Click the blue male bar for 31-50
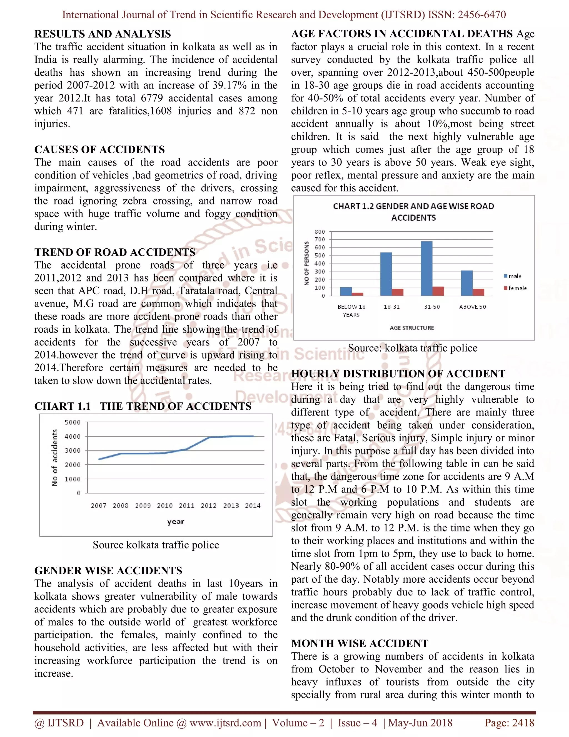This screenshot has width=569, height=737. point(426,268)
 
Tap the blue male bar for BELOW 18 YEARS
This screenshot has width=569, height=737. point(346,291)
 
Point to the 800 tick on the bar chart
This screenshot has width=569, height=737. point(320,232)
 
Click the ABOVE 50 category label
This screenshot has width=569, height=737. point(472,307)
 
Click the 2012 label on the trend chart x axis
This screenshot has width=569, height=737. point(208,506)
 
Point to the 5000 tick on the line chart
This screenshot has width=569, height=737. point(73,422)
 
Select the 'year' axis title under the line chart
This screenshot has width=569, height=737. point(176,521)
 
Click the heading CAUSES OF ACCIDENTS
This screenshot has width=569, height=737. point(99,150)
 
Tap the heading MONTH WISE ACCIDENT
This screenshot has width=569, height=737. point(360,643)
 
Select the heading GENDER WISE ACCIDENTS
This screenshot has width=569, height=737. point(108,570)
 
